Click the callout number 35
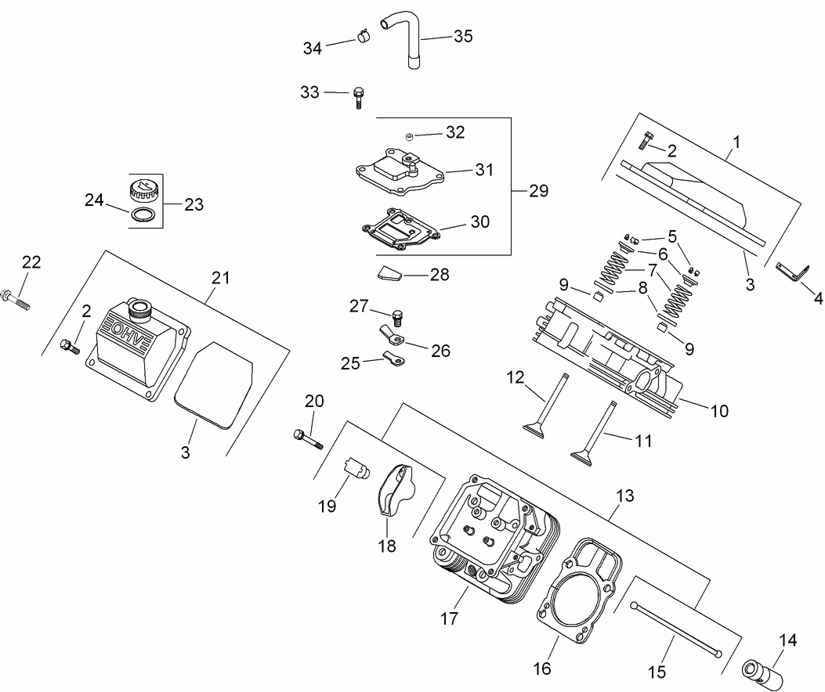[464, 36]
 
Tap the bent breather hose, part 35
[413, 46]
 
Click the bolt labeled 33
[360, 96]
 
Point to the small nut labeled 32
[409, 136]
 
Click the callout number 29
[538, 190]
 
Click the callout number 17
[448, 618]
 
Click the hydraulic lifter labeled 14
[762, 671]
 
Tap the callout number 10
[719, 410]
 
